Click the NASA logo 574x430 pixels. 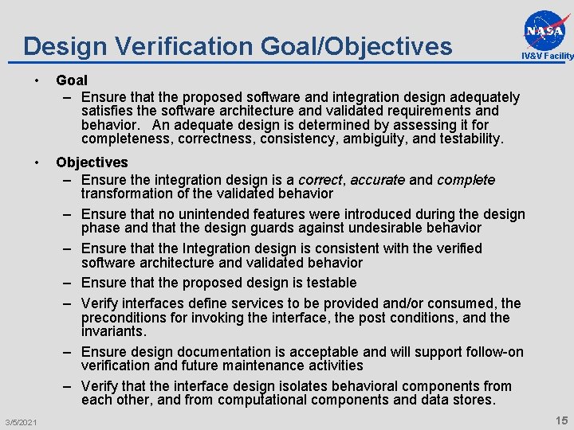coord(548,29)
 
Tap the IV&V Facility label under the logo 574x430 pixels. coord(548,56)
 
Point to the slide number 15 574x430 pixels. coord(560,420)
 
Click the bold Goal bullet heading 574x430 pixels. coord(72,80)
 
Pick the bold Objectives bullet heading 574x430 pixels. coord(92,162)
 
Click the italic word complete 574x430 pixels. coord(466,180)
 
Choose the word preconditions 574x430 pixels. coord(124,317)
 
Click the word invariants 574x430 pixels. coord(113,330)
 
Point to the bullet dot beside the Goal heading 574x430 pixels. coord(37,80)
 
